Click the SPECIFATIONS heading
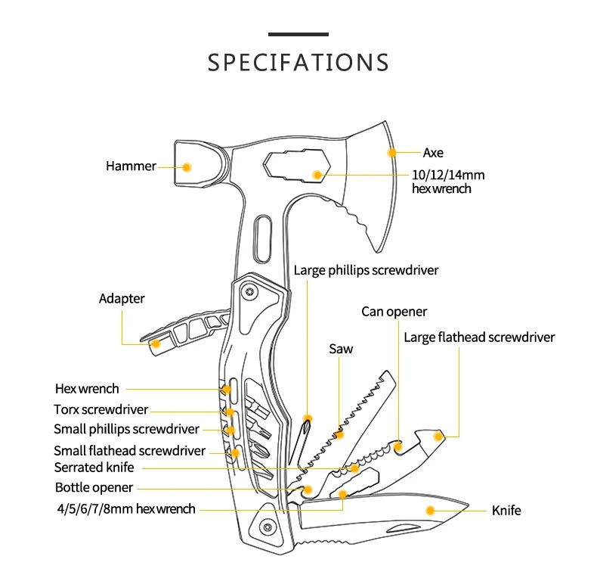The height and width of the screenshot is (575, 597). [298, 62]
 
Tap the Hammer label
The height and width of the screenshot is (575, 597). [131, 166]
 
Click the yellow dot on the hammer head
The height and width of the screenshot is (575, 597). [187, 166]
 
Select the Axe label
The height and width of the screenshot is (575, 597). [433, 153]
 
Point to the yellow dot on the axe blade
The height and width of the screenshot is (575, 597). [391, 153]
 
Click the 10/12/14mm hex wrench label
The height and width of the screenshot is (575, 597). [448, 182]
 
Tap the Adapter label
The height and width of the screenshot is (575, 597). [122, 298]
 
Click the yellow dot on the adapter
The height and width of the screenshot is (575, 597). [156, 343]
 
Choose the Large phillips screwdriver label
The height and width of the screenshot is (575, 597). [366, 270]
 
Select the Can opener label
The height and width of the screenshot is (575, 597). [394, 312]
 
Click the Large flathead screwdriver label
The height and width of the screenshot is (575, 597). [479, 337]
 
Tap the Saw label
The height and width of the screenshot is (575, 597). [341, 349]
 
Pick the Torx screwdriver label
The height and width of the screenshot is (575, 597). [101, 409]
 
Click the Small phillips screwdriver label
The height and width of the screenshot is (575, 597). [126, 429]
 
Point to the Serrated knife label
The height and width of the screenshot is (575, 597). [94, 467]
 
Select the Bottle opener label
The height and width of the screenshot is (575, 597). [94, 487]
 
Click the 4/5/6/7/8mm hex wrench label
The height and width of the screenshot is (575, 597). [125, 508]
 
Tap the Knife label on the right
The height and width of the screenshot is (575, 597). [506, 511]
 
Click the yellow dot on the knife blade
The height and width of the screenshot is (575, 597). [431, 510]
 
